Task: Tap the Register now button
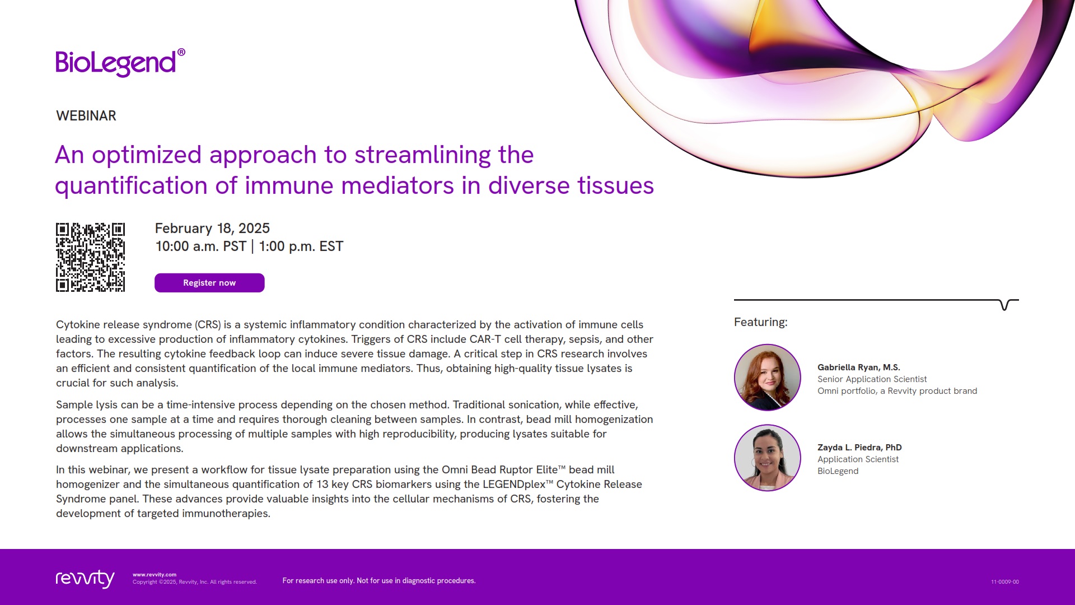click(x=209, y=283)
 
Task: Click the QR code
click(x=90, y=257)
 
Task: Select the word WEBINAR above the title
click(x=86, y=116)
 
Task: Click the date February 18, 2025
click(x=212, y=229)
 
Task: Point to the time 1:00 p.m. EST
click(x=301, y=246)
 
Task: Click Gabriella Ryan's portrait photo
click(x=767, y=378)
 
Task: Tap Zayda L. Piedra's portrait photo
click(x=767, y=458)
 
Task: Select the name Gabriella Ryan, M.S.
click(x=858, y=367)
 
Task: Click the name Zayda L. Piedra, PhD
click(x=859, y=448)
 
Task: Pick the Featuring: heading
click(x=760, y=322)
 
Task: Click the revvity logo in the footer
click(x=85, y=579)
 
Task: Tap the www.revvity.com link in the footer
click(x=155, y=575)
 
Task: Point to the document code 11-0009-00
click(x=1004, y=582)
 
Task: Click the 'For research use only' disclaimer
click(x=379, y=581)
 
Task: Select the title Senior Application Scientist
click(x=872, y=379)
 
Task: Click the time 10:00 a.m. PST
click(x=200, y=246)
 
